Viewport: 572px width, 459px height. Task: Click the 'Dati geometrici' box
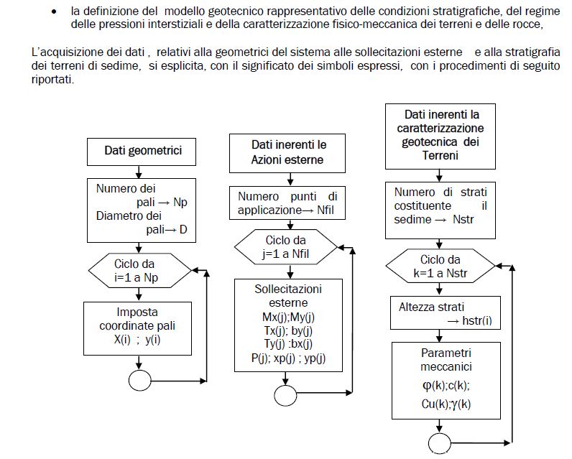click(x=142, y=152)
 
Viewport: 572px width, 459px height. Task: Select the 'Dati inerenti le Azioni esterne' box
click(x=287, y=153)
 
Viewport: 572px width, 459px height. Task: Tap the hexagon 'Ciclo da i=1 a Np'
click(x=139, y=271)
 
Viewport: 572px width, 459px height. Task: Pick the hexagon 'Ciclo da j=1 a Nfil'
click(x=286, y=247)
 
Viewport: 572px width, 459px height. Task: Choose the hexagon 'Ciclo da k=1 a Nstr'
click(x=440, y=266)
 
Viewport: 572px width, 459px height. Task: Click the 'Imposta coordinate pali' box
click(x=137, y=328)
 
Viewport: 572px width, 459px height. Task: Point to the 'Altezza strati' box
click(x=446, y=312)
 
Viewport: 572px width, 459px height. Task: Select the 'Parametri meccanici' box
click(x=446, y=380)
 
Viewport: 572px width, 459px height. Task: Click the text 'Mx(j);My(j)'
click(x=288, y=317)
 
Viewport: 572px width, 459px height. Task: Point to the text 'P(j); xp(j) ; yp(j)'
click(x=288, y=358)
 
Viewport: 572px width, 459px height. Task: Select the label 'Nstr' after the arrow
click(x=463, y=220)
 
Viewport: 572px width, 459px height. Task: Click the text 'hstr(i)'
click(x=477, y=320)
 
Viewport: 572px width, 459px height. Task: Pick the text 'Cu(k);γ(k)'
click(x=446, y=404)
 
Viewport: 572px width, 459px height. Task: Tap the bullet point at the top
click(x=54, y=11)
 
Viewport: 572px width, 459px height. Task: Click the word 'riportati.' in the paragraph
click(x=52, y=80)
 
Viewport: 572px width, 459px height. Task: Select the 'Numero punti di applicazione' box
click(x=287, y=203)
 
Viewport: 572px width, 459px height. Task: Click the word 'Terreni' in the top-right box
click(x=440, y=156)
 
